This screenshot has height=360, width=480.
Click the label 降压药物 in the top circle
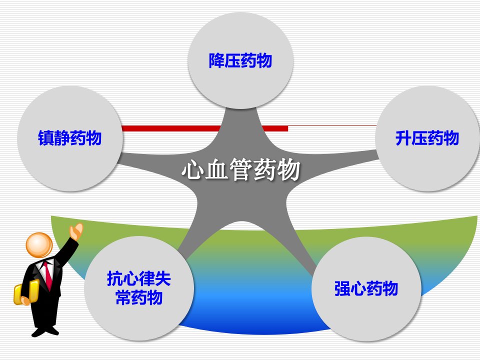click(x=240, y=60)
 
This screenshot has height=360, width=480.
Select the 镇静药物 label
click(x=70, y=138)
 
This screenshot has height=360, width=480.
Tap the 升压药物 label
click(x=427, y=138)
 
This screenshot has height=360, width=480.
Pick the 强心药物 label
click(x=366, y=288)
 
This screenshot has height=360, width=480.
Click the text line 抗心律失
click(x=138, y=278)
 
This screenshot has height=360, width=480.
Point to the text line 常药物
click(x=138, y=297)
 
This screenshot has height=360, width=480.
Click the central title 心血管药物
click(x=241, y=169)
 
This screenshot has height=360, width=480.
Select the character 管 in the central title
click(x=240, y=169)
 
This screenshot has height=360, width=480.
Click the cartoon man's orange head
click(x=39, y=245)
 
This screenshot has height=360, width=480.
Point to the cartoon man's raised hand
click(x=76, y=231)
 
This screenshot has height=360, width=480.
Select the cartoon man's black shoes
click(x=45, y=331)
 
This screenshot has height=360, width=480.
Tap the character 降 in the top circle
click(x=216, y=60)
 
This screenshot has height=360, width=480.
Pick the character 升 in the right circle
click(x=403, y=138)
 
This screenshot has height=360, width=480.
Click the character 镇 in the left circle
click(x=46, y=138)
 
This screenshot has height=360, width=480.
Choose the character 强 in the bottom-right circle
click(x=342, y=288)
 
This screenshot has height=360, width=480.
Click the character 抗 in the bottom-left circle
click(x=115, y=278)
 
